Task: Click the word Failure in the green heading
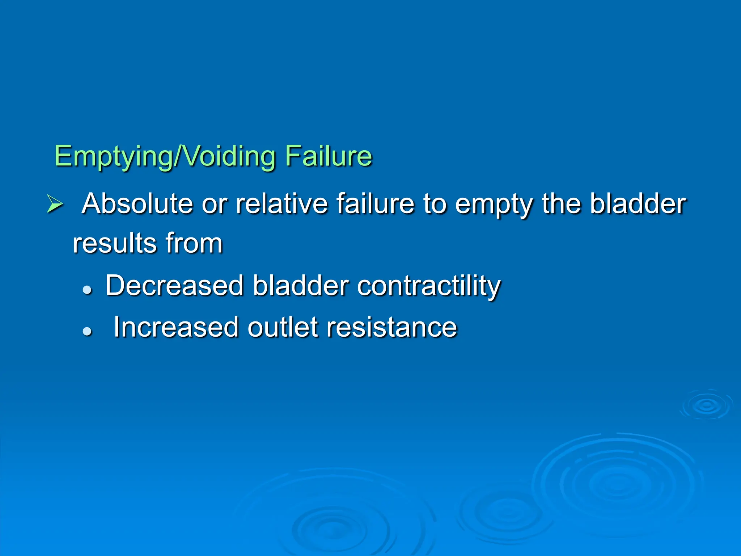pos(328,156)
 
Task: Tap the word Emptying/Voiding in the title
pos(165,156)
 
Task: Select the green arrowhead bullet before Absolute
pos(55,204)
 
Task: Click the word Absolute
pos(137,203)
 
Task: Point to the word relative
pos(282,203)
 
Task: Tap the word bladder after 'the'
pos(638,203)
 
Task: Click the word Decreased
pos(174,286)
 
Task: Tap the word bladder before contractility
pos(300,286)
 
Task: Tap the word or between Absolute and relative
pos(214,204)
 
